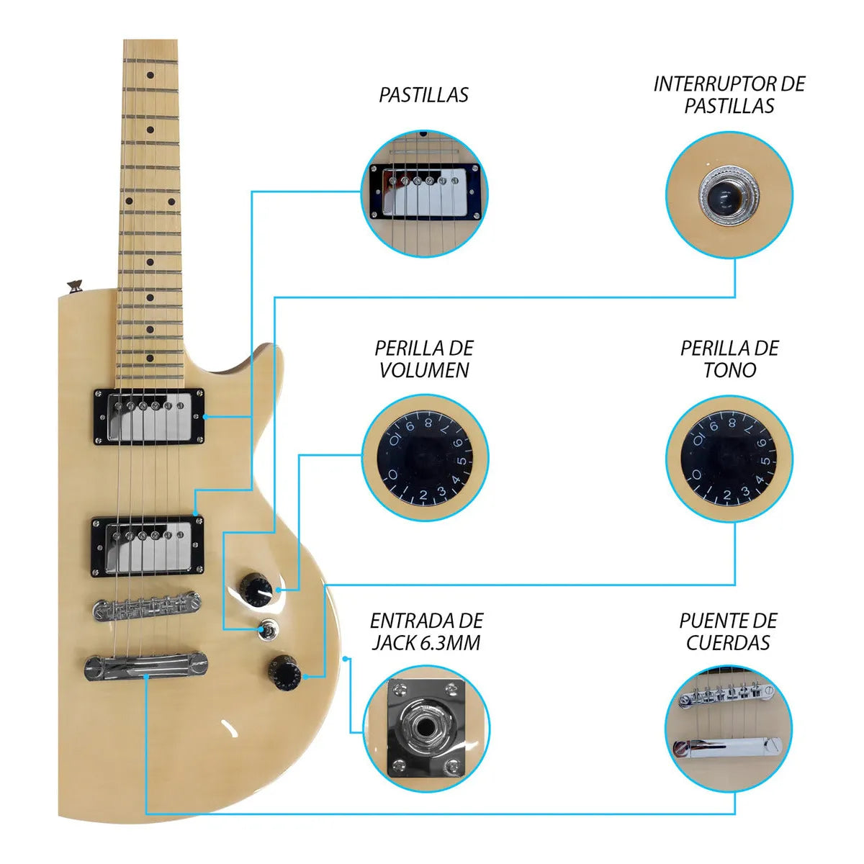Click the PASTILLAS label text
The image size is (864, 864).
(423, 95)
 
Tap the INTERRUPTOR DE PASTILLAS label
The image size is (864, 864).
(729, 95)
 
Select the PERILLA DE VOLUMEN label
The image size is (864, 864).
(423, 359)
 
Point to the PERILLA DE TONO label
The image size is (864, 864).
(729, 359)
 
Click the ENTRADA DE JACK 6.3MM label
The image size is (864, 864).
(426, 631)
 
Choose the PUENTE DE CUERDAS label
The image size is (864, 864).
(728, 631)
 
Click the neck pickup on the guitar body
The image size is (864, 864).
(149, 417)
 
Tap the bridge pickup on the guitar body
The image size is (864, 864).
(148, 546)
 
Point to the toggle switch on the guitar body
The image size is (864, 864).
(269, 629)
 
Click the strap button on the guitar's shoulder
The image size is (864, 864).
(74, 284)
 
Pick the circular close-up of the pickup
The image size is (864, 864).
(423, 194)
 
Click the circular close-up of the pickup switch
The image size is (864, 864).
(729, 195)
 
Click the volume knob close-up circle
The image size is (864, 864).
(425, 458)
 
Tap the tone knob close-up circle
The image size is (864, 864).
(729, 458)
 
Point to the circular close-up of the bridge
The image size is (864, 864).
(729, 729)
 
